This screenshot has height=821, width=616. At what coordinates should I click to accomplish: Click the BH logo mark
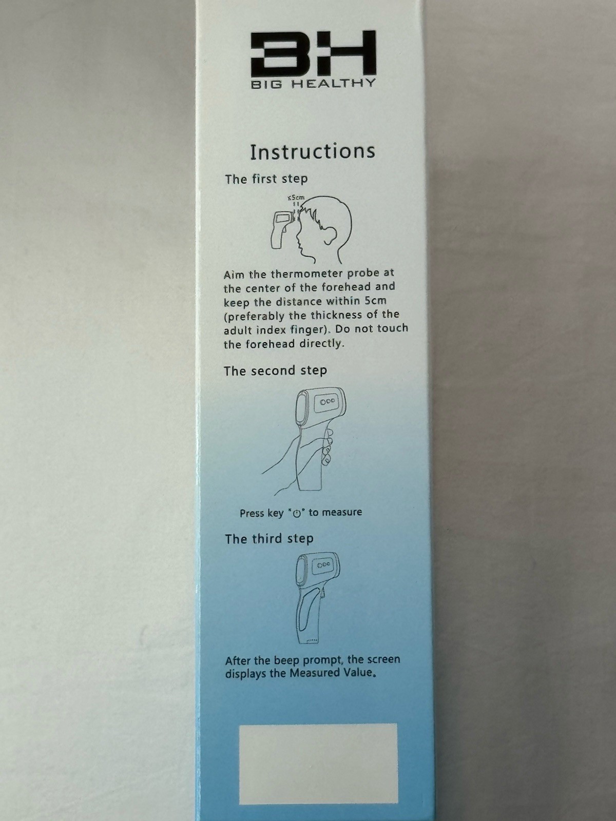(x=313, y=53)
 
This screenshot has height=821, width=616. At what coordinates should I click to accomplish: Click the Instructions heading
(x=312, y=151)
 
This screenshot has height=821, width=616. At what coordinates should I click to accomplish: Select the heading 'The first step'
(x=266, y=179)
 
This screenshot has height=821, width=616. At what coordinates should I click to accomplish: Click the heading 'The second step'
(x=275, y=370)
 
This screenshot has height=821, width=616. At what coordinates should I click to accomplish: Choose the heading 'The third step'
(x=269, y=539)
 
